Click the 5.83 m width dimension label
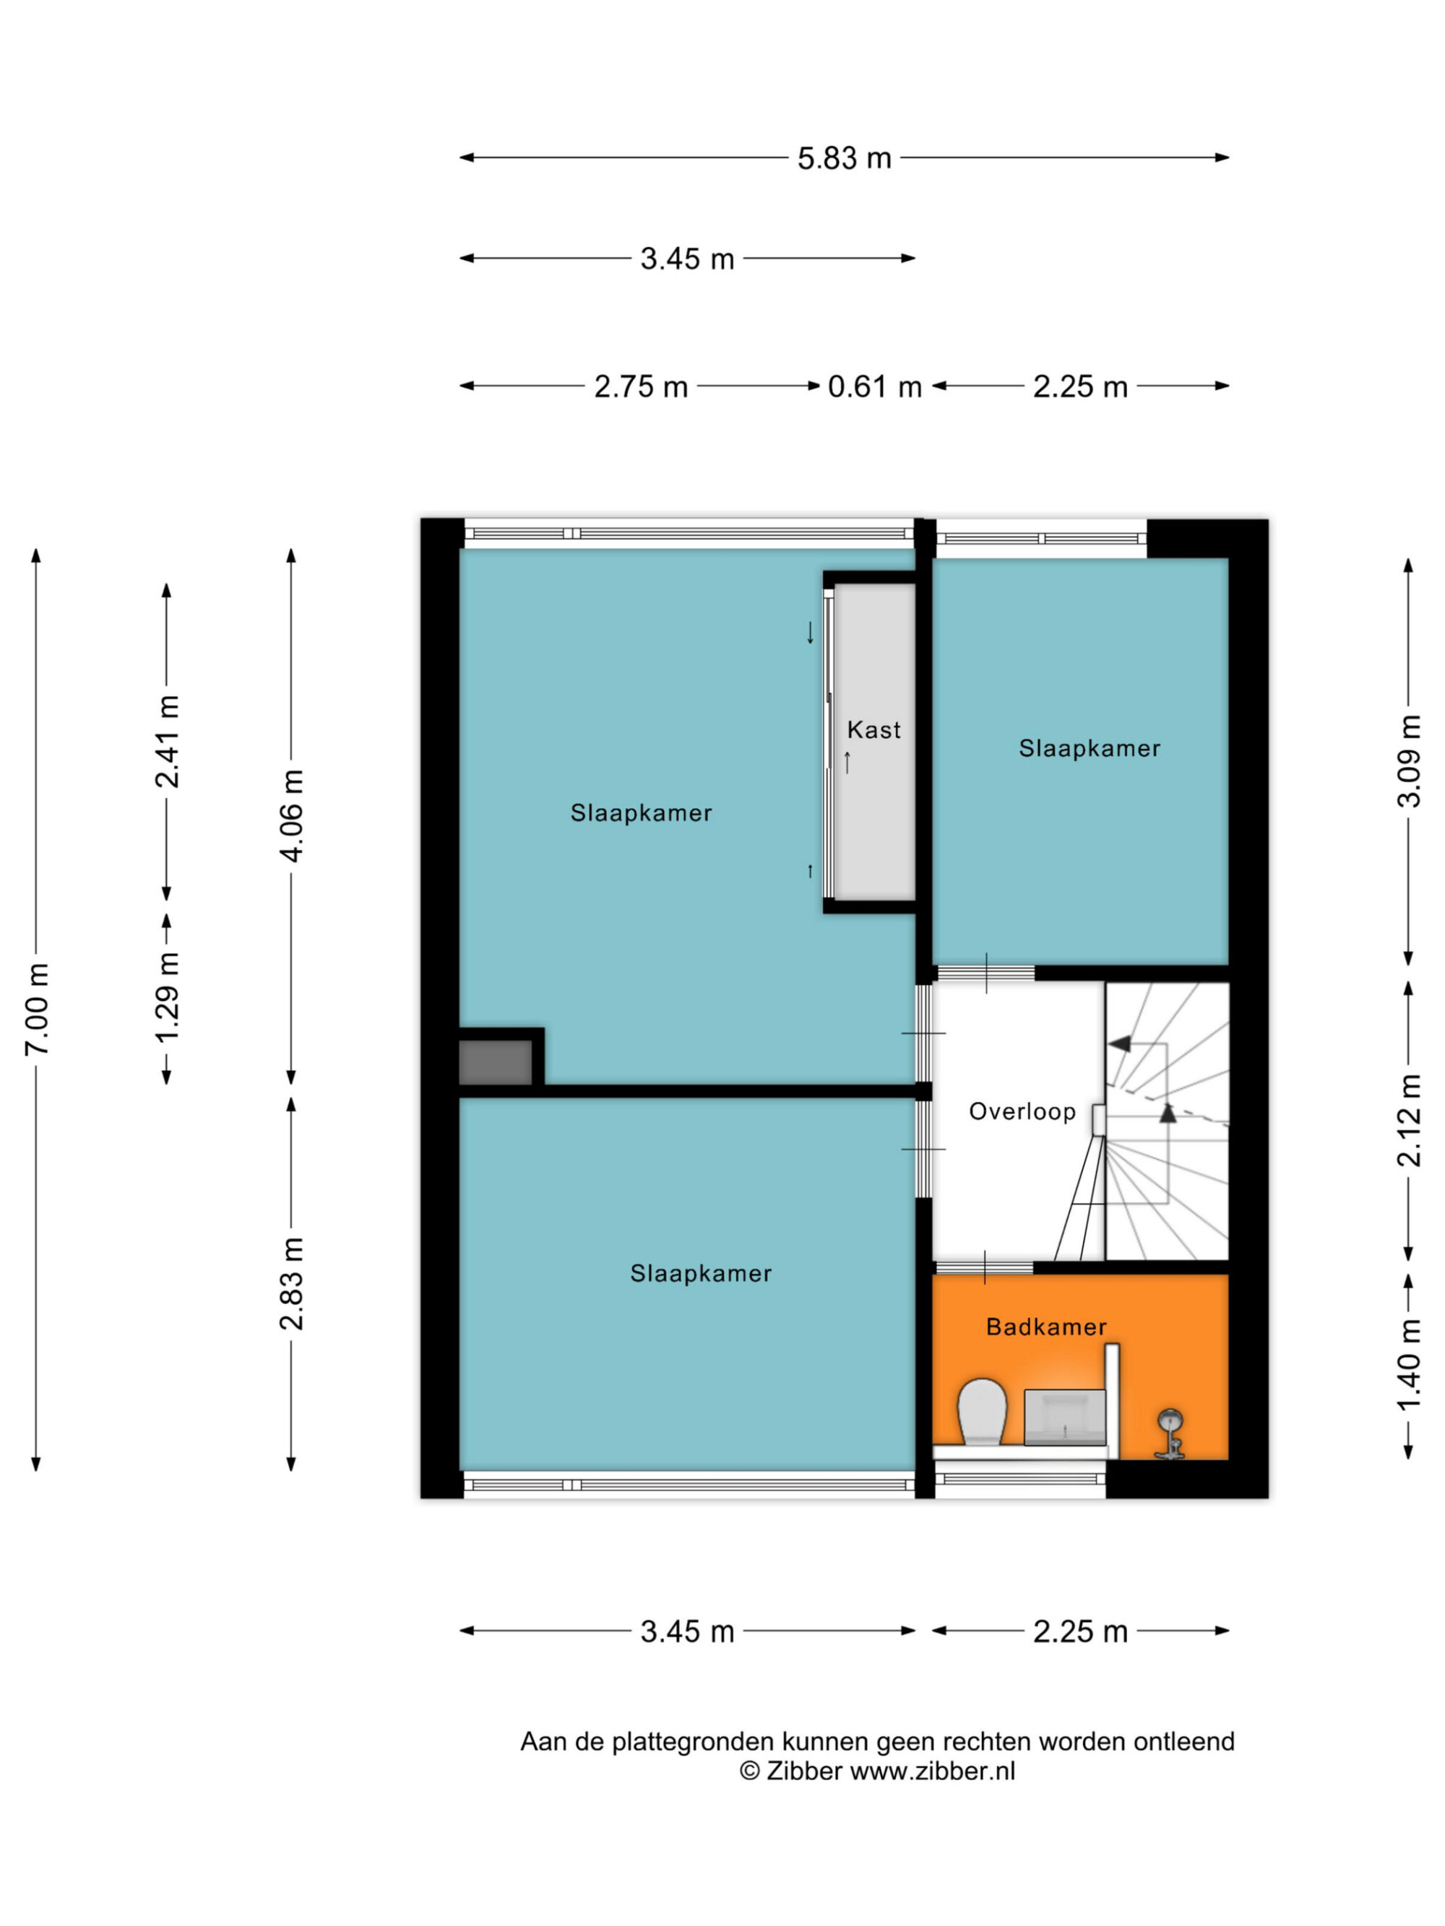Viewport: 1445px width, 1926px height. coord(844,158)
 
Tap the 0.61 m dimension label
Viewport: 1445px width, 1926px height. coord(874,386)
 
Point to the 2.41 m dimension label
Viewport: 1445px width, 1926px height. coord(167,742)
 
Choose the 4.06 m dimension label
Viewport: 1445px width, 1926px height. coord(292,816)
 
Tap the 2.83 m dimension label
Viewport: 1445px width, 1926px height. coord(292,1283)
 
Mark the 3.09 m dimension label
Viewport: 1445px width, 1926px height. coord(1408,762)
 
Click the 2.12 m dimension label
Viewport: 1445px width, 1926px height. coord(1408,1121)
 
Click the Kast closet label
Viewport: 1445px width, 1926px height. coord(874,729)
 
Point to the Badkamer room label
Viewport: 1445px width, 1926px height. coord(1046,1327)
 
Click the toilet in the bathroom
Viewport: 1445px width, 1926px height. coord(982,1410)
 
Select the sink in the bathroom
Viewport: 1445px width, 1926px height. coord(1064,1417)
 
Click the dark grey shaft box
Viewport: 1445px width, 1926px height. coord(495,1062)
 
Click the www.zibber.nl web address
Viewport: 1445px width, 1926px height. coord(932,1771)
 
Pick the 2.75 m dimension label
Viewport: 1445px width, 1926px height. coord(640,386)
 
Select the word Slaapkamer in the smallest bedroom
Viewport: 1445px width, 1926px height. coord(1090,748)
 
